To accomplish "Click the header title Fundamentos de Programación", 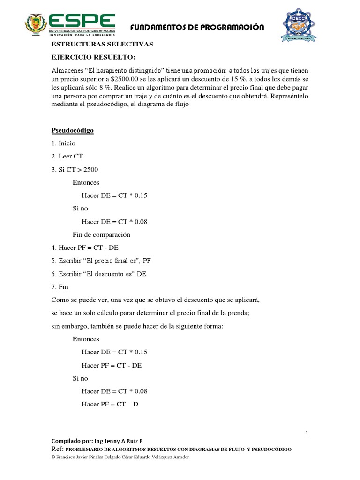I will coord(197,28).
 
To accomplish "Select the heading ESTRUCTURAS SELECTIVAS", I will coord(102,45).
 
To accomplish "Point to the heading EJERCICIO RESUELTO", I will coord(93,57).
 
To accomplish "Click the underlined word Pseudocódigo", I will coord(72,131).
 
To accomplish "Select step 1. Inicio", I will coord(63,143).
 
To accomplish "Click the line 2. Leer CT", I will coord(67,157).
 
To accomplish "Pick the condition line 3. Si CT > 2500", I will coord(75,169).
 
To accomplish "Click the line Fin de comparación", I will coord(101,234).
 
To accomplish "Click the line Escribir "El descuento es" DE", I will coord(99,274).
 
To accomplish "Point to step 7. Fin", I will coord(60,286).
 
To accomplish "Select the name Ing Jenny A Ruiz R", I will coord(119,441).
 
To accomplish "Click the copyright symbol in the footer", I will coord(53,457).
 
